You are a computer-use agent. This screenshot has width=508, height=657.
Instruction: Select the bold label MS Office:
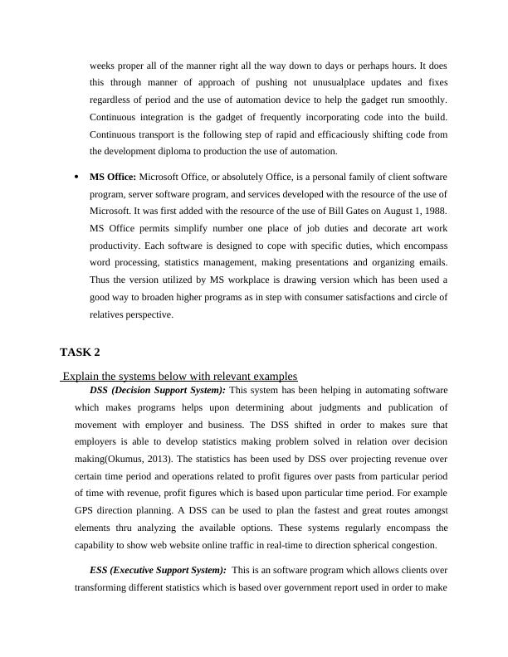[x=113, y=177]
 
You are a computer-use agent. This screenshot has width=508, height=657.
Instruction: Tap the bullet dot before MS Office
[x=76, y=177]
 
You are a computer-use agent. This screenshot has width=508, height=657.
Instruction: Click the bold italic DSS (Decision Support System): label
[x=157, y=389]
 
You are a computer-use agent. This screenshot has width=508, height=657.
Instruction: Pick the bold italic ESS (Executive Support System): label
[x=157, y=570]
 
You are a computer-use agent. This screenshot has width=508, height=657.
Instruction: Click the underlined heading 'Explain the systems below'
[x=179, y=376]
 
